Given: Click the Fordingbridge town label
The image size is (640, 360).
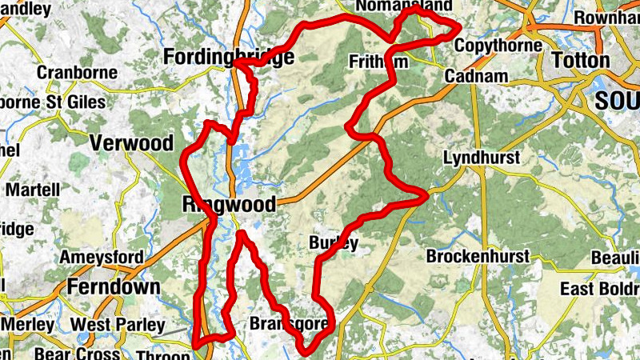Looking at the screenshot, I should click(x=228, y=57).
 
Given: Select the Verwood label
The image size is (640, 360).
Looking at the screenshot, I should click(x=131, y=143).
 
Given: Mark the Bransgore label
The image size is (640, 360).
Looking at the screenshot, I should click(x=290, y=324).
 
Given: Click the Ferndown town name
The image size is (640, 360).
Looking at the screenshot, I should click(x=114, y=286).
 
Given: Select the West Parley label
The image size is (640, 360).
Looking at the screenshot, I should click(x=118, y=325).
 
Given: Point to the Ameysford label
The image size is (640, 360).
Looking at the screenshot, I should click(x=102, y=258).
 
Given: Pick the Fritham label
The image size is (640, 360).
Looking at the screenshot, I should click(x=379, y=62).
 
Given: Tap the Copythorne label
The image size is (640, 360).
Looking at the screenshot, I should click(x=498, y=46).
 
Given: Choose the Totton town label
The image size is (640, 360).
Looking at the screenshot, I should click(x=580, y=60).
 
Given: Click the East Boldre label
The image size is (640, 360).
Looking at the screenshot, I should click(x=599, y=289).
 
